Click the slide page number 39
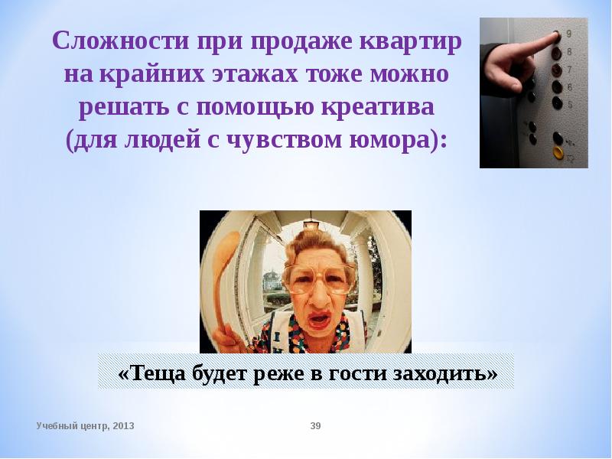pos(315,425)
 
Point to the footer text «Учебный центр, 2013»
pos(85,425)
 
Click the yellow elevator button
pos(558,152)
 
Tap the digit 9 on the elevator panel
pos(568,34)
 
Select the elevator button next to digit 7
pos(556,70)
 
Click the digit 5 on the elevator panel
pos(569,104)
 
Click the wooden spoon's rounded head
pos(227,249)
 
